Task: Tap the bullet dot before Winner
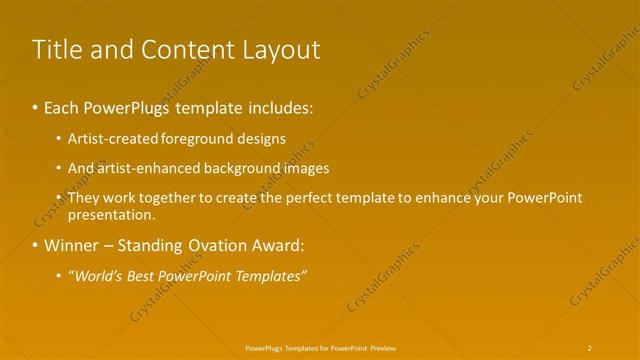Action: [x=36, y=245]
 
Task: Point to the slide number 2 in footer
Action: [x=590, y=347]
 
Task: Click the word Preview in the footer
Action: [x=381, y=347]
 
